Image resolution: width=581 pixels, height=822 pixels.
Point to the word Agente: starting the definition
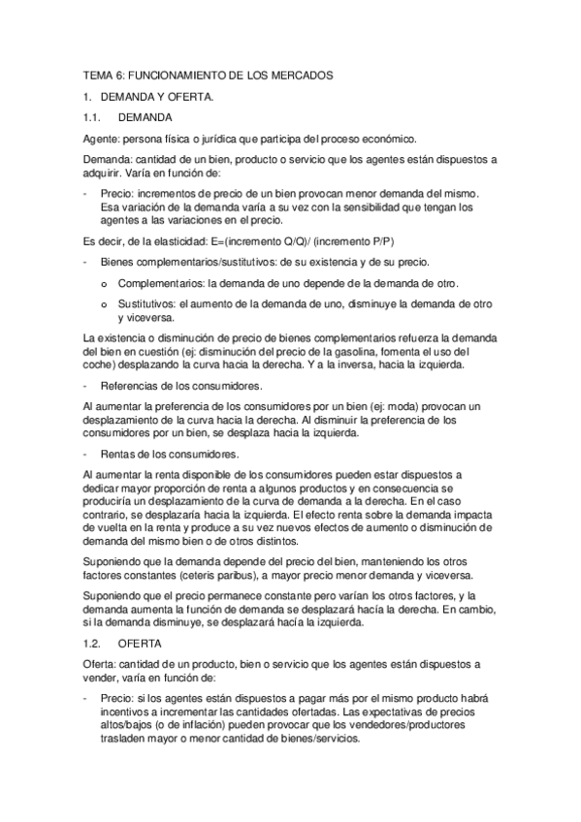101,139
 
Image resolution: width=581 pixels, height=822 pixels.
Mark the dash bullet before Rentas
86,454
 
